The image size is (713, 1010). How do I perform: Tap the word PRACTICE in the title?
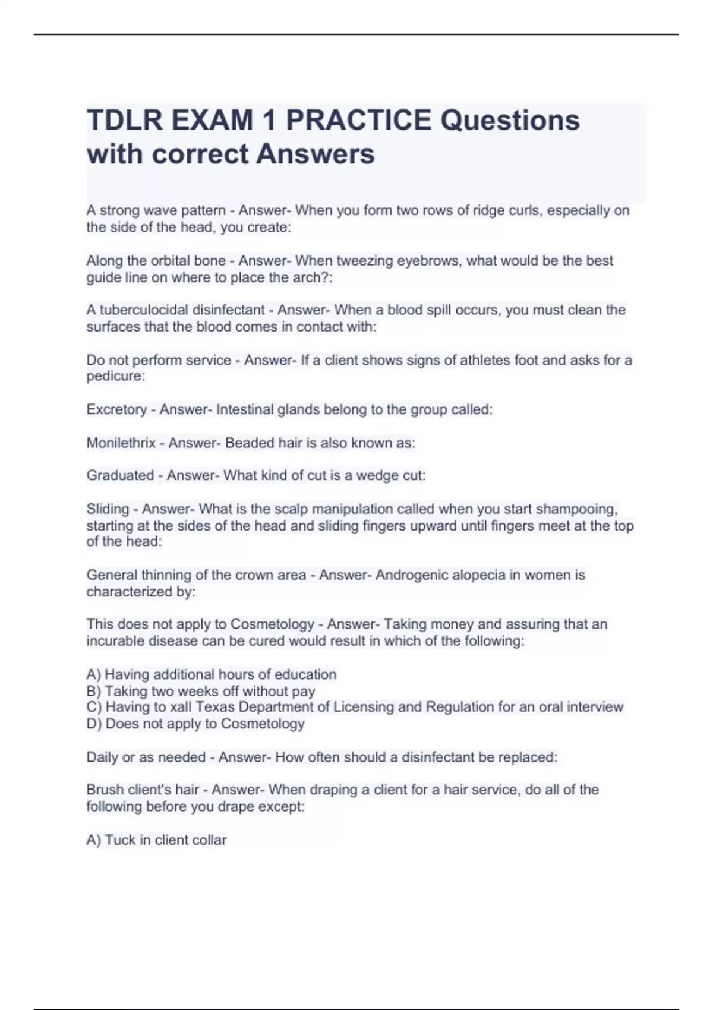(x=358, y=121)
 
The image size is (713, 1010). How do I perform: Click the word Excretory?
(x=116, y=409)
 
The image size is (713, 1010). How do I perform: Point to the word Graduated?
(x=120, y=475)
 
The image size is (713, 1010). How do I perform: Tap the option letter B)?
(x=93, y=691)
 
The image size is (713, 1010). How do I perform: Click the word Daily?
(x=102, y=757)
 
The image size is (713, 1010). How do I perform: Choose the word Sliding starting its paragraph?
(x=108, y=509)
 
